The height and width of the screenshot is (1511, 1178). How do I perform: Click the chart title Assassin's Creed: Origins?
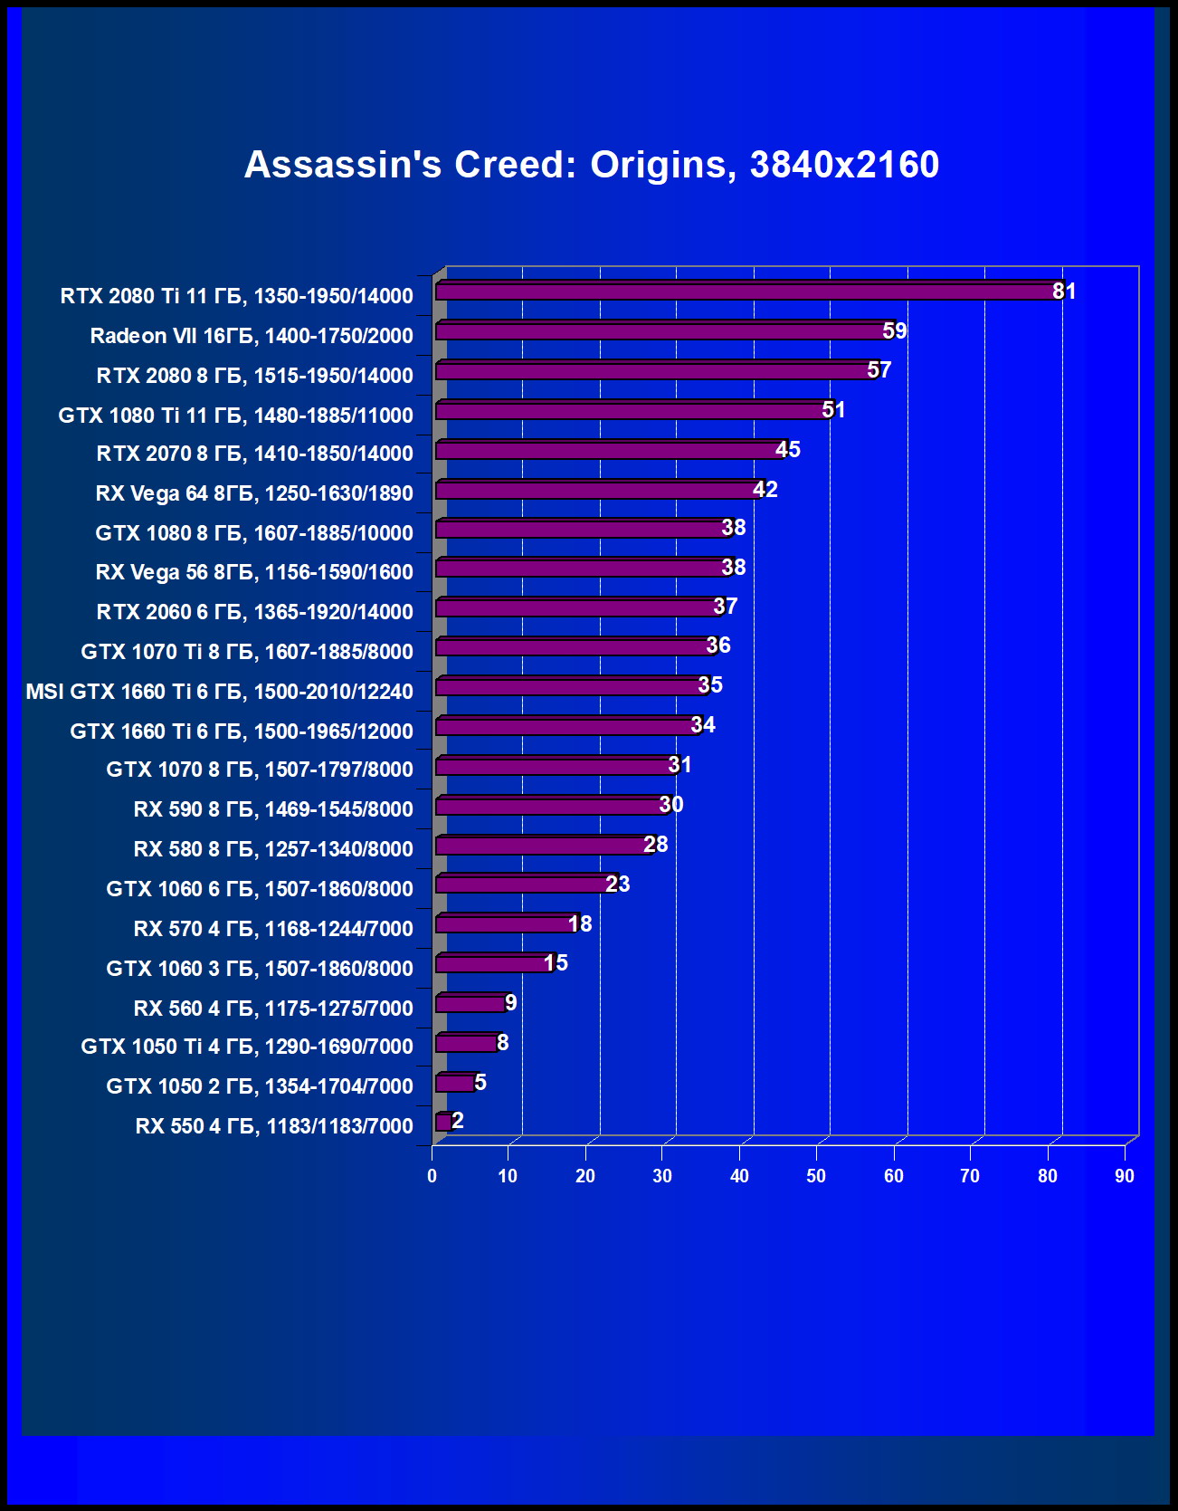592,165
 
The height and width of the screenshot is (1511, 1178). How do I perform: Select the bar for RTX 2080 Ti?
746,292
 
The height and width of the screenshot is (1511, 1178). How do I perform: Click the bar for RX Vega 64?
597,490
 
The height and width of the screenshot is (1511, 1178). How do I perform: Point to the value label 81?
1064,292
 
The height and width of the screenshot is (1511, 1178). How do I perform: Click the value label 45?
788,450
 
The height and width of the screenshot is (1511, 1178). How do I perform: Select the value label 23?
618,885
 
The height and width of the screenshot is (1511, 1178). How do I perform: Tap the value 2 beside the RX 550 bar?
458,1121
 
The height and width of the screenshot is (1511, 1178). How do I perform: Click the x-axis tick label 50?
816,1176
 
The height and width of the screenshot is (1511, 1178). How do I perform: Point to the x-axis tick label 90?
1125,1176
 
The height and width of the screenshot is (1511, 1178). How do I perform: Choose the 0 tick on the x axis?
432,1176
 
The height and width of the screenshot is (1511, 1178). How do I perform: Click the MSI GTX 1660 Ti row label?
219,692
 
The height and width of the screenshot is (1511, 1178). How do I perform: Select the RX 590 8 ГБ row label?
273,809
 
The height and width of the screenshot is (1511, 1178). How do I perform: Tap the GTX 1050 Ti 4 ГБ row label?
247,1047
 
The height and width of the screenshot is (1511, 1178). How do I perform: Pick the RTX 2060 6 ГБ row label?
255,612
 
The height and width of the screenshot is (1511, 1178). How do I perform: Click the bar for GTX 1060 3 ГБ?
493,964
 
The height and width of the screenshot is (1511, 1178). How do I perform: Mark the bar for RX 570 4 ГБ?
505,924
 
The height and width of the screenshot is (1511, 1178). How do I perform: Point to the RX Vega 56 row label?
254,572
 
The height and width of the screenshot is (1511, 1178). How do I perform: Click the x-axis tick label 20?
585,1176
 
